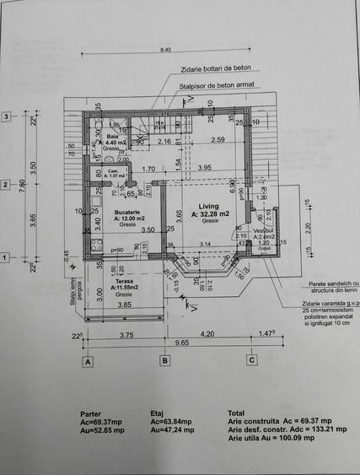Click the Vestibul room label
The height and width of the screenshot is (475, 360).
(264, 230)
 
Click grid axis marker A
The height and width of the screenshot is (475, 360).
(87, 361)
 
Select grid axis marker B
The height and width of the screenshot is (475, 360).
(165, 361)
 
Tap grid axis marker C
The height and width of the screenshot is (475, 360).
(251, 361)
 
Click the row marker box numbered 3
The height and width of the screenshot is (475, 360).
(6, 116)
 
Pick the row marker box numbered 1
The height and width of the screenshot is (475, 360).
(6, 257)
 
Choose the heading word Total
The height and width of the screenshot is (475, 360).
(238, 414)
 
